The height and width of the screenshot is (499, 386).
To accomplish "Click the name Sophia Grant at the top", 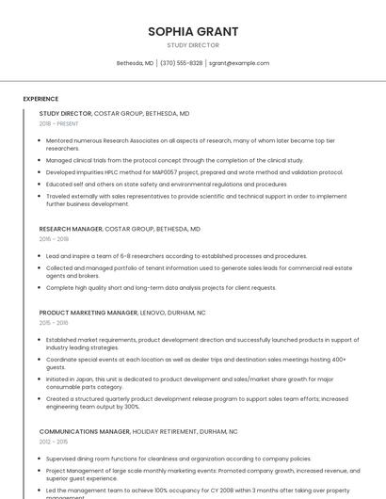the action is click(x=193, y=32).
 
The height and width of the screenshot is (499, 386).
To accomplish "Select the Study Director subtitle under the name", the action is click(x=193, y=45).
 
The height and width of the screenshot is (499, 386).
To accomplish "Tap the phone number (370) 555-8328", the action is click(x=181, y=63).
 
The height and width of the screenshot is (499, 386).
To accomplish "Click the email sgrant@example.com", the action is click(x=239, y=63).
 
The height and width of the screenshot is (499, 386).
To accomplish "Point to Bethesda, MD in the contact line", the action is click(x=135, y=63).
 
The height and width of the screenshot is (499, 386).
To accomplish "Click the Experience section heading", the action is click(x=40, y=99).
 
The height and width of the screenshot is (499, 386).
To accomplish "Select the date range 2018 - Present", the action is click(x=58, y=123).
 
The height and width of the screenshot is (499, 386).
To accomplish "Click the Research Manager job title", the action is click(x=71, y=229).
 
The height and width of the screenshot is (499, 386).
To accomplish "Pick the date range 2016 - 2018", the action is click(x=54, y=239).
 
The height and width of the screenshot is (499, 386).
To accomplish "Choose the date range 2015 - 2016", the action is click(x=54, y=323).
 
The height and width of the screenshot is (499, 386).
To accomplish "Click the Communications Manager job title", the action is click(x=85, y=432).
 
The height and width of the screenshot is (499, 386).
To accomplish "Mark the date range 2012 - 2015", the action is click(x=54, y=442).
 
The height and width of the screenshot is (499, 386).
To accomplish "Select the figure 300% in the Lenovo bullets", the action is click(x=132, y=407).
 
